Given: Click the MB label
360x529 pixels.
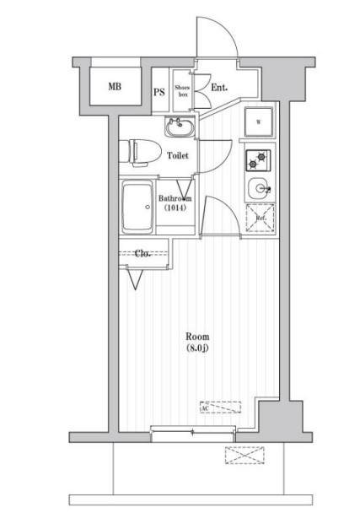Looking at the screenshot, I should pyautogui.click(x=113, y=87).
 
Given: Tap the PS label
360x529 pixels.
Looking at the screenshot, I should pyautogui.click(x=159, y=93).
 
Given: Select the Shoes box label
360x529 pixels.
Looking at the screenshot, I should pyautogui.click(x=182, y=90).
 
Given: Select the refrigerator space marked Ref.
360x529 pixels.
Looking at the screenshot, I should pyautogui.click(x=257, y=219).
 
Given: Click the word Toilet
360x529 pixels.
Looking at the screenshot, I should pyautogui.click(x=178, y=156).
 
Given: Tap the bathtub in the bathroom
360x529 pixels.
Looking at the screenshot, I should pyautogui.click(x=137, y=208).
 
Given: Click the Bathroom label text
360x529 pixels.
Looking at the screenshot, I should pyautogui.click(x=175, y=198).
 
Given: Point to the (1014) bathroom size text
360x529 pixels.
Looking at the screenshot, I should pyautogui.click(x=175, y=208).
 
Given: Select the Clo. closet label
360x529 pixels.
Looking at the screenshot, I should pyautogui.click(x=142, y=252).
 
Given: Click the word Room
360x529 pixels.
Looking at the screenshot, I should pyautogui.click(x=198, y=337).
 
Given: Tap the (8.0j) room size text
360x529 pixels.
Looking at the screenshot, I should pyautogui.click(x=198, y=348).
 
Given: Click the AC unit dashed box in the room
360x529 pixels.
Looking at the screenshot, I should pyautogui.click(x=226, y=408).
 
